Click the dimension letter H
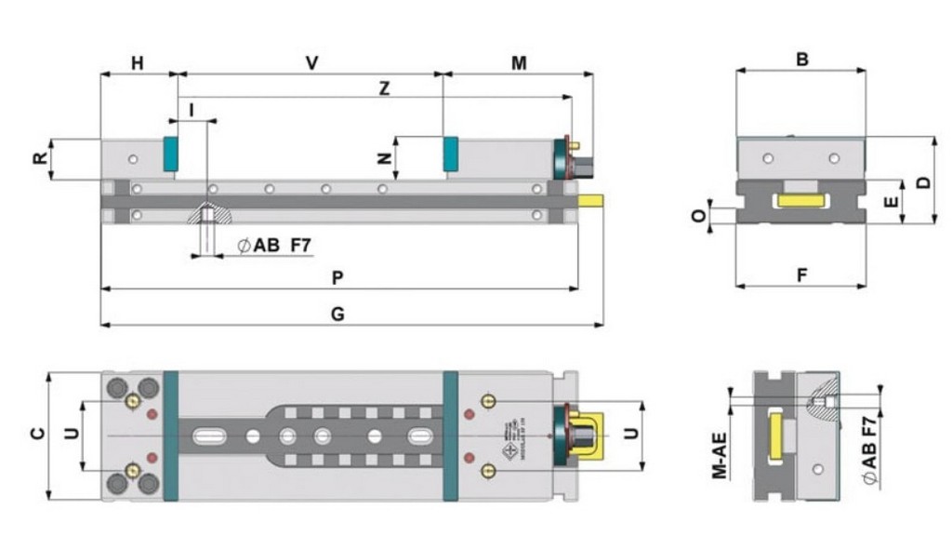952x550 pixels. [x=138, y=63]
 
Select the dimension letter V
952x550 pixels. [x=312, y=63]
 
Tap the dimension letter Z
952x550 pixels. [x=384, y=88]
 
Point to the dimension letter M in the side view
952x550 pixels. [x=520, y=63]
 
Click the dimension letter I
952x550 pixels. [x=191, y=110]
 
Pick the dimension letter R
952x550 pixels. [x=40, y=158]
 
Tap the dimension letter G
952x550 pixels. [x=337, y=314]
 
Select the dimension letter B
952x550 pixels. [x=801, y=60]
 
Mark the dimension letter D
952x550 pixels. [x=921, y=181]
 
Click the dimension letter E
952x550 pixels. [x=890, y=201]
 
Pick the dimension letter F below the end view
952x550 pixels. [x=801, y=275]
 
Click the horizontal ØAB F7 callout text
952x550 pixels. [x=272, y=246]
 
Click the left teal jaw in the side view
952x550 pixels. [x=170, y=154]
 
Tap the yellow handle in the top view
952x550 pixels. [x=590, y=435]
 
